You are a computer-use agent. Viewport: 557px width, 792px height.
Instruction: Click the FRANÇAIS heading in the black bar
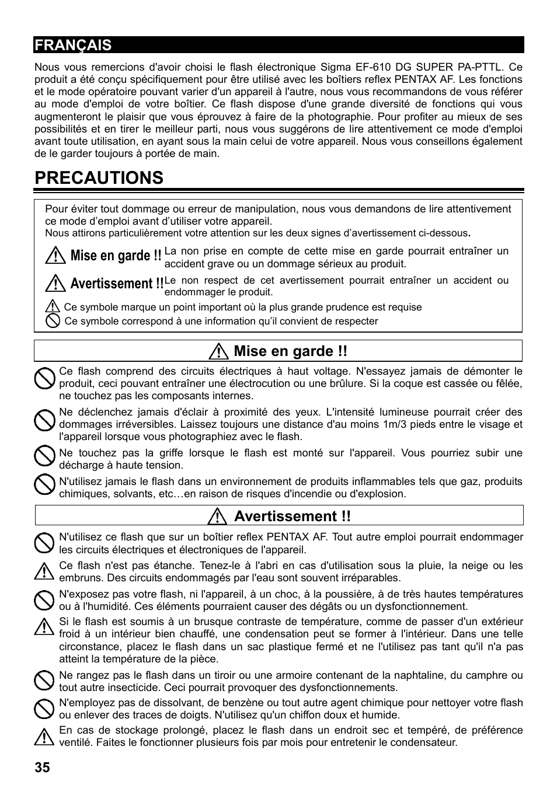point(73,45)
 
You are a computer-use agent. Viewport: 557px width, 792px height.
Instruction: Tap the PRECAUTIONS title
point(99,178)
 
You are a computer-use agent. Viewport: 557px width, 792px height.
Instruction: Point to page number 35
point(42,767)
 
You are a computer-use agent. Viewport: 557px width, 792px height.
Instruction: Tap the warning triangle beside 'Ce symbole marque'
point(53,307)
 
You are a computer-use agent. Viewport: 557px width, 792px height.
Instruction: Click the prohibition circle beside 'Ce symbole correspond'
point(53,321)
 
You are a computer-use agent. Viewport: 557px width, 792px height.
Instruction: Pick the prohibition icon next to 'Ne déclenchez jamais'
point(44,420)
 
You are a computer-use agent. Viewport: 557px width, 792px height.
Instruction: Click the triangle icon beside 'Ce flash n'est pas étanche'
point(44,571)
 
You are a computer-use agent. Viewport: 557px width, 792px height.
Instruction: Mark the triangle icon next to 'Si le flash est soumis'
point(44,627)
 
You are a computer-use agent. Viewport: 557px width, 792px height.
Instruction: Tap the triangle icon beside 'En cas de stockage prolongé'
point(44,737)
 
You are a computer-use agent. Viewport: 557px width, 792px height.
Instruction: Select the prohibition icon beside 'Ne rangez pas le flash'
point(44,681)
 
